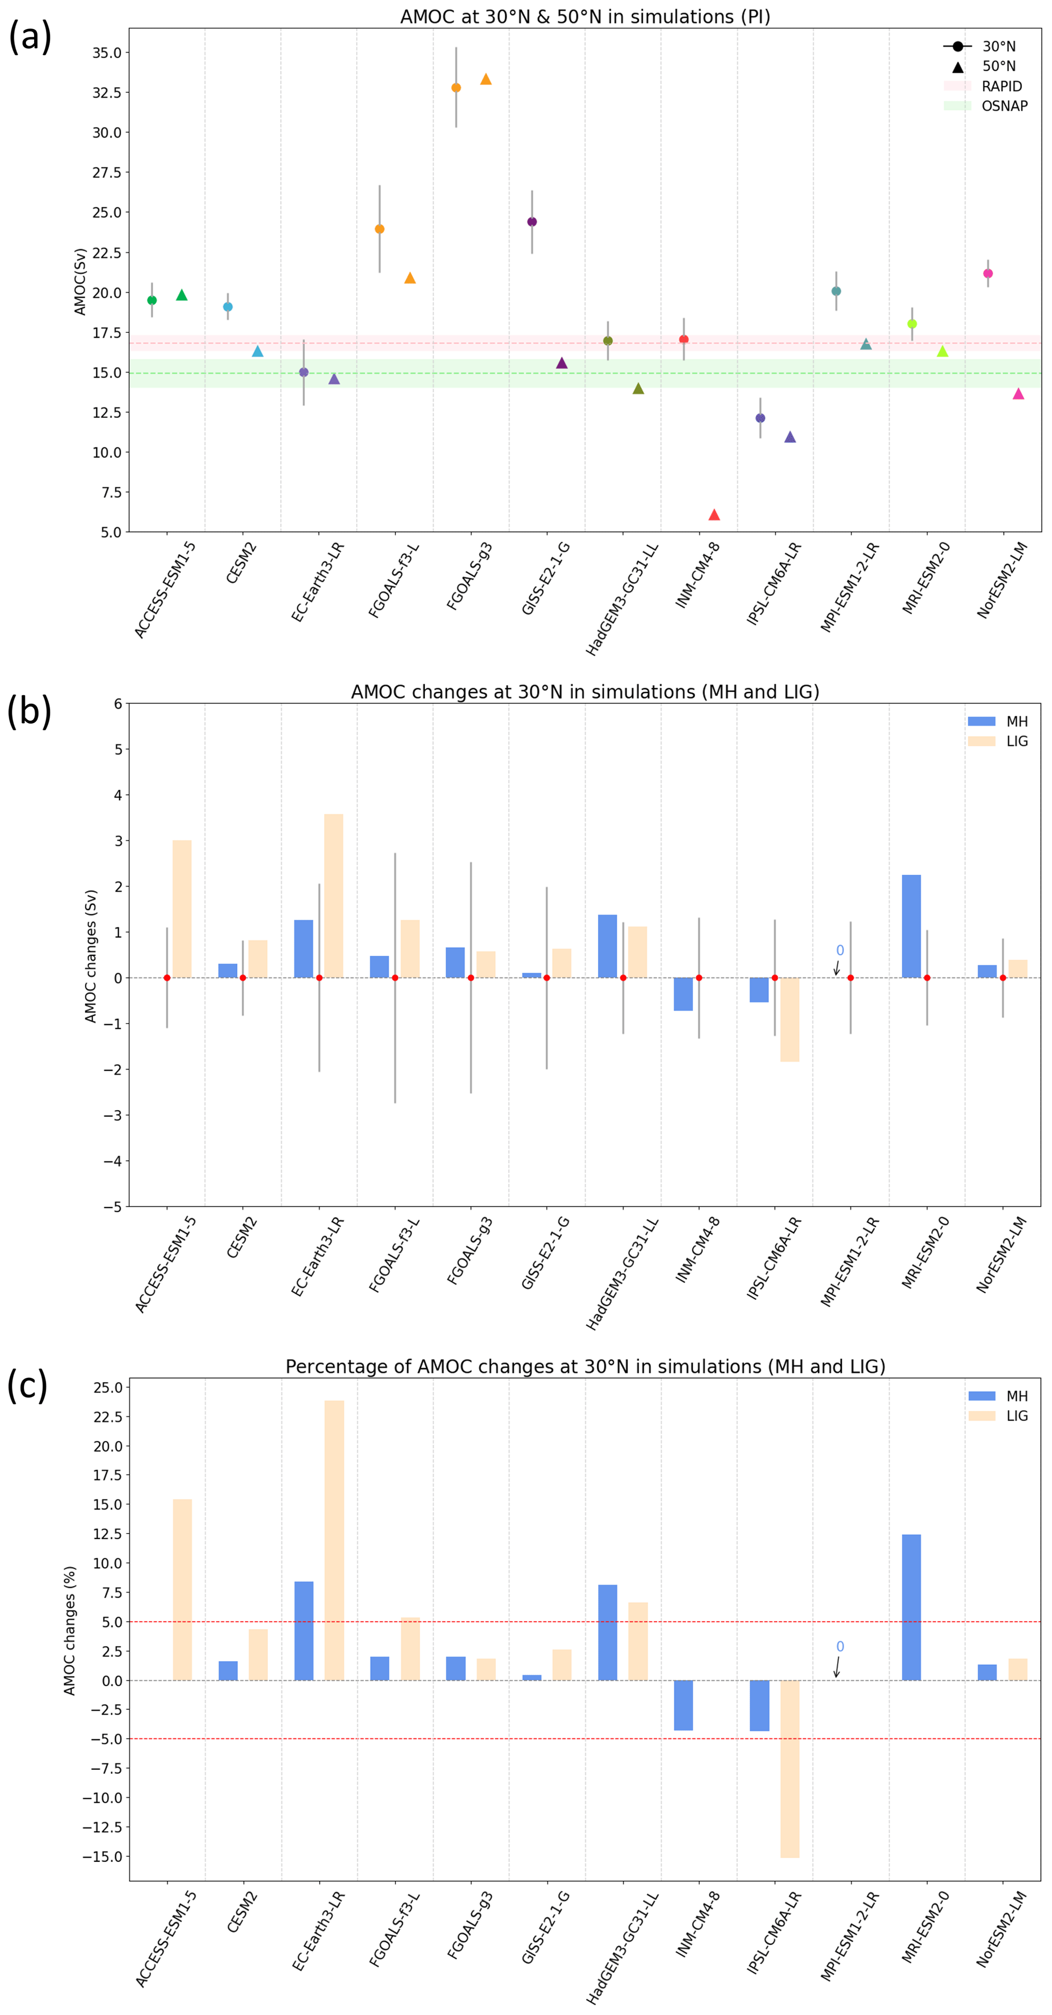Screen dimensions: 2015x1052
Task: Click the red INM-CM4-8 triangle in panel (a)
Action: pos(714,515)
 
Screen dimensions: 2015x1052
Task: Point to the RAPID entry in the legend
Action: pos(1001,86)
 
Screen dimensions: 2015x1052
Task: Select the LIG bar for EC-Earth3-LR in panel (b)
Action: pos(333,896)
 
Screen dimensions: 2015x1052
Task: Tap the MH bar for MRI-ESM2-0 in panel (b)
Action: pos(911,926)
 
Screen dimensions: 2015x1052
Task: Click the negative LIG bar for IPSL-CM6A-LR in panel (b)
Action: pos(789,1019)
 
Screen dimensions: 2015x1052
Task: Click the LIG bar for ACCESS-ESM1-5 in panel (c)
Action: pos(182,1590)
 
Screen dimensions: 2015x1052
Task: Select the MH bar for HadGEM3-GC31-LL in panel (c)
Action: pos(607,1632)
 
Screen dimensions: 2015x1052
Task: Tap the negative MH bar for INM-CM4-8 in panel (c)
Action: pos(683,1705)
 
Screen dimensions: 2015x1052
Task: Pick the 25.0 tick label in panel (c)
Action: pos(107,1387)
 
